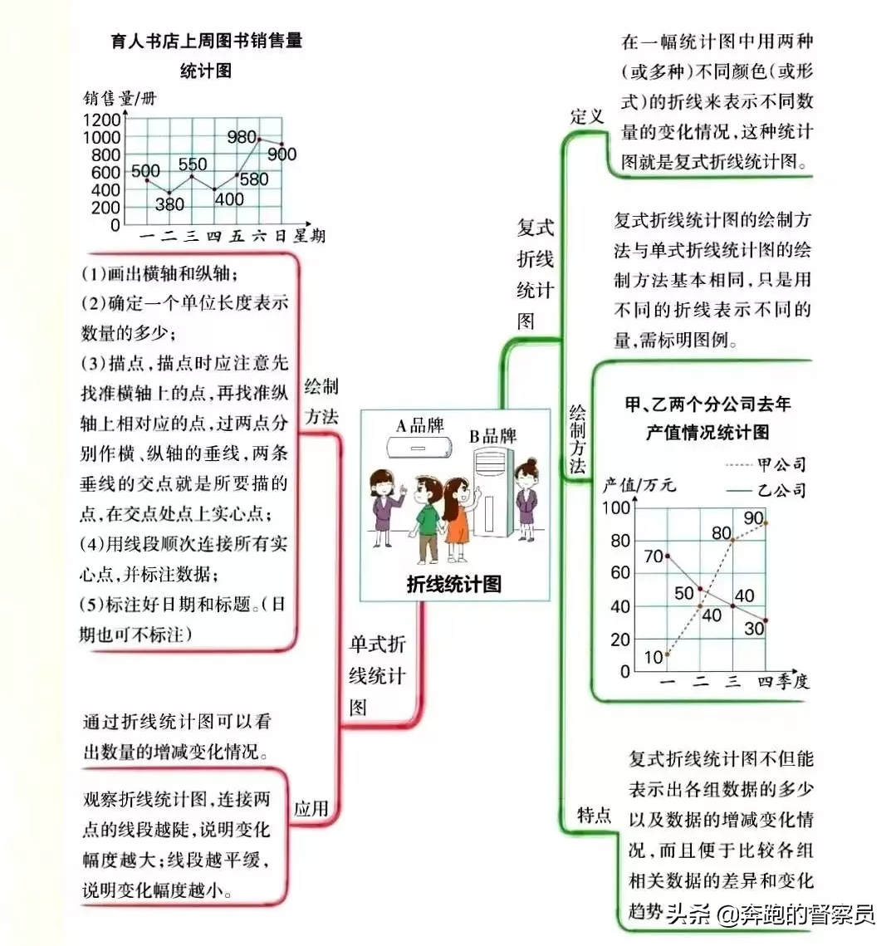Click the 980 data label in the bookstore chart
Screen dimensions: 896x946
point(242,138)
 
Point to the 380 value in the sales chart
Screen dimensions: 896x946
point(169,204)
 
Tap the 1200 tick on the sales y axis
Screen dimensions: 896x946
point(102,120)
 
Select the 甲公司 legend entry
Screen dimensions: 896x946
point(766,464)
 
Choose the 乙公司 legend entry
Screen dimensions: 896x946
point(766,491)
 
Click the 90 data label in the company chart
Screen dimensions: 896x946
point(754,518)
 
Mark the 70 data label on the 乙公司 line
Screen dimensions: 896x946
point(654,556)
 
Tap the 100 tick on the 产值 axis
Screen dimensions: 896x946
point(616,508)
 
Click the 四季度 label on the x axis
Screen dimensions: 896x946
point(783,682)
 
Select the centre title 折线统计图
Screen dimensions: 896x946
point(453,584)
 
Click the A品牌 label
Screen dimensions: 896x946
point(420,425)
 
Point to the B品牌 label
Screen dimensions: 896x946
point(493,435)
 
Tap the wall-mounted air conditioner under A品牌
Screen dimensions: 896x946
point(419,447)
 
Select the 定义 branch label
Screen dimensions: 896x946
point(587,116)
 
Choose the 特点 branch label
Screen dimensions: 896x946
point(595,815)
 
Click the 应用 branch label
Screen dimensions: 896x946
point(311,808)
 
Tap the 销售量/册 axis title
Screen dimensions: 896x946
point(120,98)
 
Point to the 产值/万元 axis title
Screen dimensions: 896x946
point(639,484)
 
